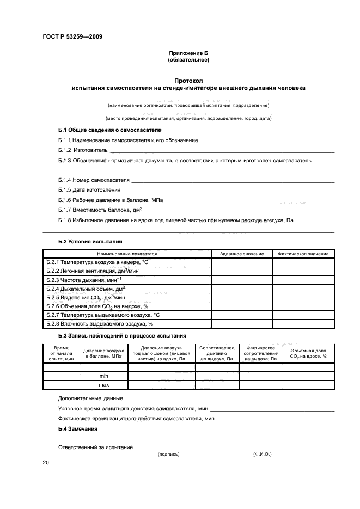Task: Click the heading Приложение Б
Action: [x=188, y=53]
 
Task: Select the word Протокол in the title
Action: [x=188, y=80]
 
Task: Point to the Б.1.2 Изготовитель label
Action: [x=82, y=150]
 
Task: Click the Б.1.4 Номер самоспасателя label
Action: [x=94, y=180]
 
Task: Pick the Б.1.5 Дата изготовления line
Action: [x=89, y=189]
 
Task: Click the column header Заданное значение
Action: [x=242, y=254]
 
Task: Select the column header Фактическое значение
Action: [x=303, y=254]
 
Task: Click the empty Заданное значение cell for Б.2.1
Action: [x=242, y=262]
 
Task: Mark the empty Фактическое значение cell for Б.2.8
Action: [x=303, y=323]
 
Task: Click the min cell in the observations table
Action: [x=103, y=376]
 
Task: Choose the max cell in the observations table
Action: [x=103, y=385]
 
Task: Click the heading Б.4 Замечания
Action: [x=78, y=430]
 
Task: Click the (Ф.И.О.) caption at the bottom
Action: [x=262, y=453]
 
